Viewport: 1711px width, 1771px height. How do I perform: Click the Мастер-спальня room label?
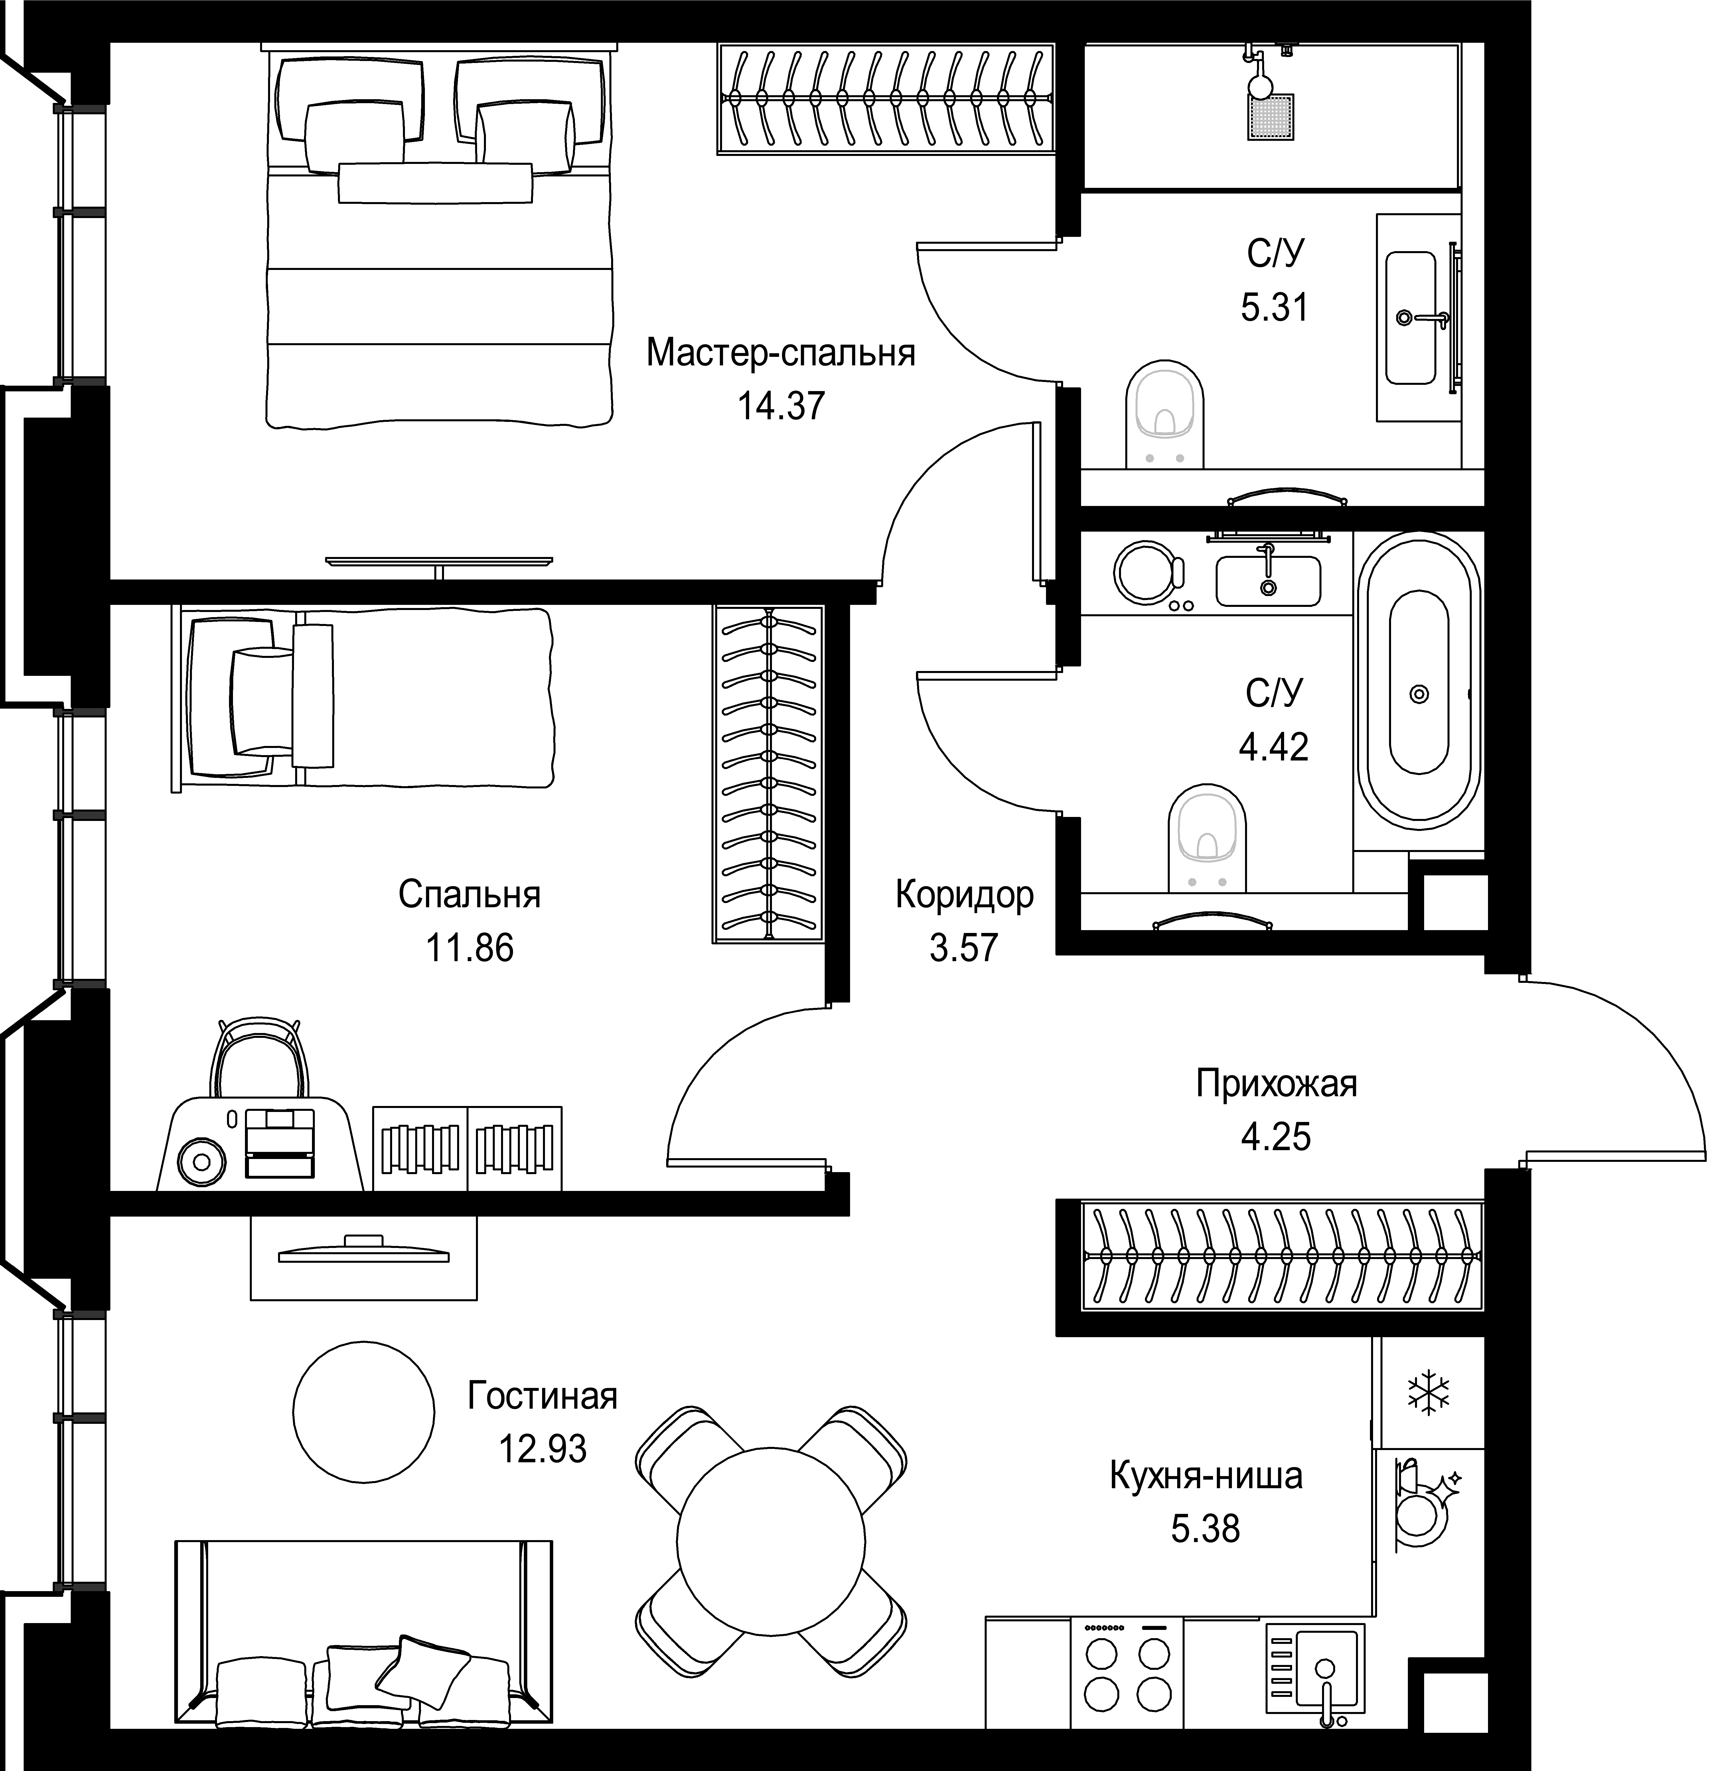pos(781,353)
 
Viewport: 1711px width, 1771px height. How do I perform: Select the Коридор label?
pos(964,895)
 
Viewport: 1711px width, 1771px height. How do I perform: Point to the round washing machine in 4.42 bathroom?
pos(1148,573)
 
